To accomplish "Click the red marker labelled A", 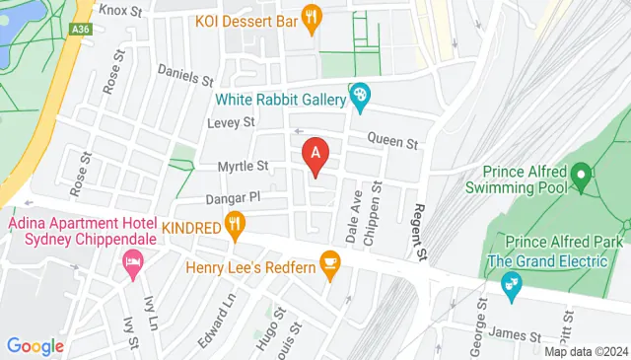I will (x=315, y=156).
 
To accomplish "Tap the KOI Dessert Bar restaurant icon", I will (x=313, y=17).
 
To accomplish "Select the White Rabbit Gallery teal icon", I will (x=360, y=97).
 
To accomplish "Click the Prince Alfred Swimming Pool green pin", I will (x=582, y=179).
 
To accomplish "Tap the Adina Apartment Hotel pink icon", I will (x=131, y=262).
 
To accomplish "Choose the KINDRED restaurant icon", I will (x=235, y=227).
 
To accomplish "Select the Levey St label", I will (x=232, y=122).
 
